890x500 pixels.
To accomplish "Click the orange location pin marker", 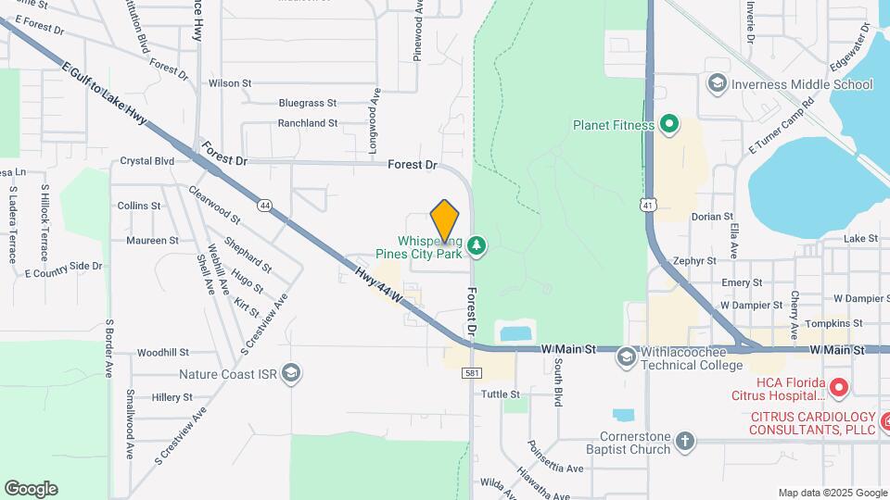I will coord(445,220).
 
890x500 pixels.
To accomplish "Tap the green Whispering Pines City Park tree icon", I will coord(477,244).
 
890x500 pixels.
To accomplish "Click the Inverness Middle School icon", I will coord(716,84).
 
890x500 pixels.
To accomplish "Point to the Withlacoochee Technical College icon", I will coord(627,356).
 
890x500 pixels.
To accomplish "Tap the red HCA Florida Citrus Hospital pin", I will coord(838,386).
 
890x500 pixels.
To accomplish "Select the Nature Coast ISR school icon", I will coord(291,373).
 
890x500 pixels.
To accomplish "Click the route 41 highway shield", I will coord(646,203).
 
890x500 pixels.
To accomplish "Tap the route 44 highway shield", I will coord(265,206).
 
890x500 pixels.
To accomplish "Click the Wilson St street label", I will coord(230,82).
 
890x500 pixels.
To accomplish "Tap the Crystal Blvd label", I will coord(147,160).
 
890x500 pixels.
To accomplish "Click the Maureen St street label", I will coord(152,240).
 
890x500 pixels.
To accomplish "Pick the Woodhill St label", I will coord(162,353).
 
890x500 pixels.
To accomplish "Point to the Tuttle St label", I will coord(501,394).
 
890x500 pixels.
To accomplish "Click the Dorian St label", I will coord(712,217).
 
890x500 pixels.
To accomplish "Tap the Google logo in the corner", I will coord(31,488).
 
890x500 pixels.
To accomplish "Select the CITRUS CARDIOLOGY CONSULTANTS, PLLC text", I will coord(812,423).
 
